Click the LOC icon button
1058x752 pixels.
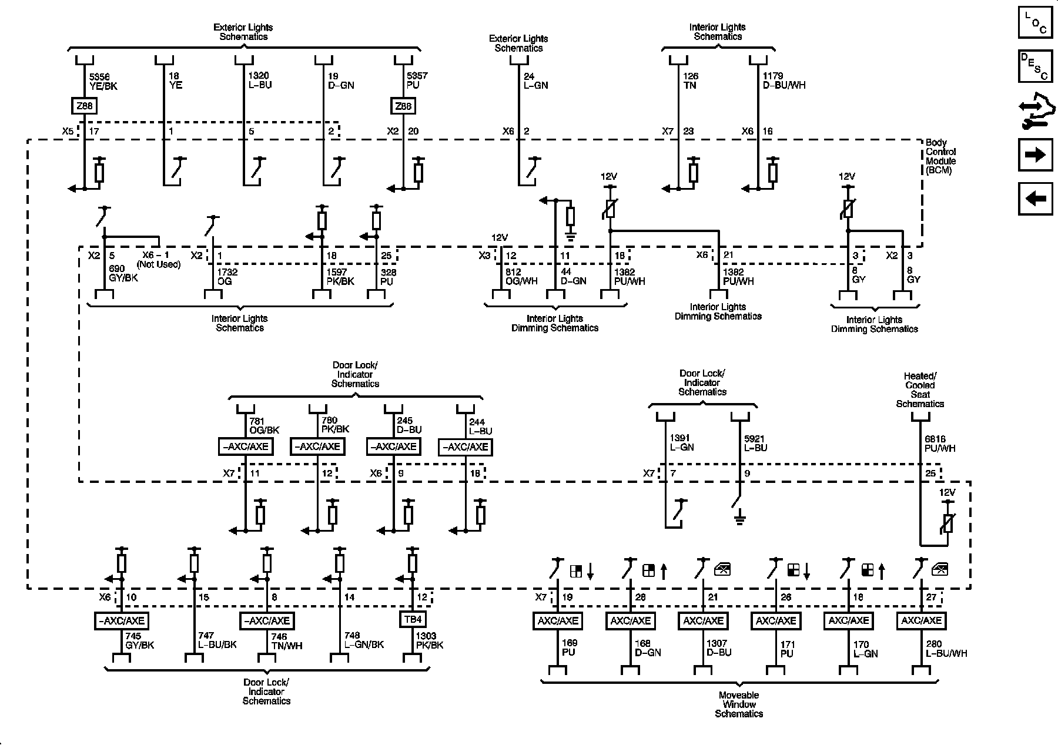tap(1036, 22)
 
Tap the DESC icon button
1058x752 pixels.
tap(1036, 66)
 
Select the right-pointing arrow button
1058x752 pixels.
tap(1036, 155)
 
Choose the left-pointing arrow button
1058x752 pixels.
tap(1036, 199)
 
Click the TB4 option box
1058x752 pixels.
tap(413, 620)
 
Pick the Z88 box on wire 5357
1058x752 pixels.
tap(404, 106)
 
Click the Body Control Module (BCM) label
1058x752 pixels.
tap(940, 156)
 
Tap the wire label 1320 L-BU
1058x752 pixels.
tap(259, 80)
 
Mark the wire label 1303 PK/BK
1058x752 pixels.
tap(430, 640)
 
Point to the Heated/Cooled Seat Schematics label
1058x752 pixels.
tap(920, 390)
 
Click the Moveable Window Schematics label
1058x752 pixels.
tap(739, 704)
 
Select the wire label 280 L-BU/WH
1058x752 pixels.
tap(946, 649)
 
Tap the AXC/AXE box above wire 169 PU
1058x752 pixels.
tap(557, 620)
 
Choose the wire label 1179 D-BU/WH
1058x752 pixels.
tap(784, 80)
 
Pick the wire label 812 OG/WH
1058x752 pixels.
tap(521, 277)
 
